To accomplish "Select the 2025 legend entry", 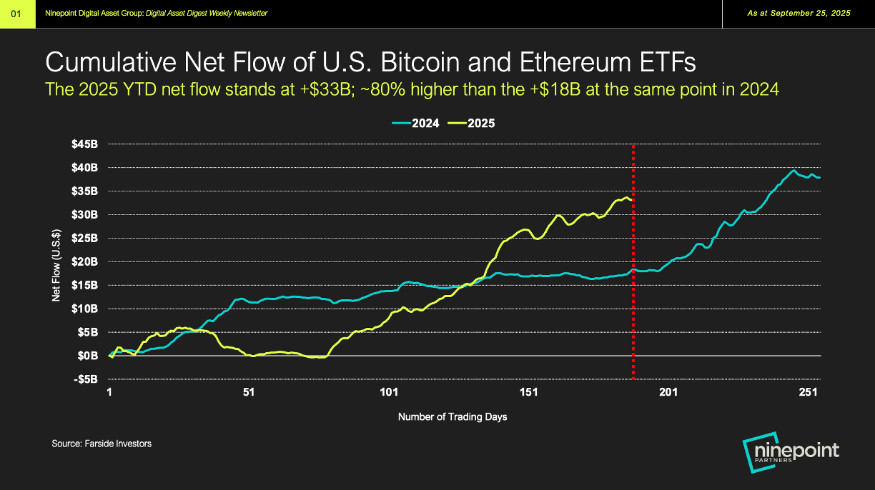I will pyautogui.click(x=471, y=123).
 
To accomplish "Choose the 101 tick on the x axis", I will pyautogui.click(x=388, y=392).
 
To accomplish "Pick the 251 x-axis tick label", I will pyautogui.click(x=808, y=392).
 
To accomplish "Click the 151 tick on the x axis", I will pyautogui.click(x=528, y=392).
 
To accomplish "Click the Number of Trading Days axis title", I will pyautogui.click(x=453, y=416).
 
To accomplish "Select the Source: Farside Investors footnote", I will pyautogui.click(x=102, y=444).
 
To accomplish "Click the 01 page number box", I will pyautogui.click(x=18, y=14).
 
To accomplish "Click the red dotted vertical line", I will pyautogui.click(x=633, y=300).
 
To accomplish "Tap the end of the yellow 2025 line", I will pyautogui.click(x=631, y=200).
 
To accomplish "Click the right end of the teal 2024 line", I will pyautogui.click(x=819, y=177).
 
